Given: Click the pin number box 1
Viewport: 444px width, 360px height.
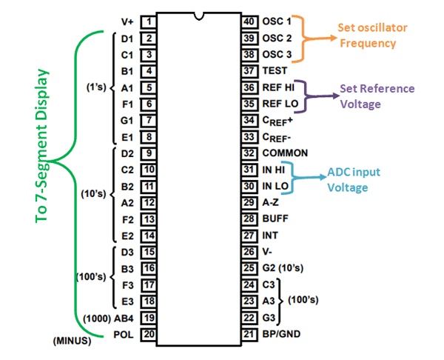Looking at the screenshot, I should (149, 21).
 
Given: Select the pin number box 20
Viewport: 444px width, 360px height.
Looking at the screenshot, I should (149, 333).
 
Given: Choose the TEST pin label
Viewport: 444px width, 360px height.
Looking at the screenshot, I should (275, 71).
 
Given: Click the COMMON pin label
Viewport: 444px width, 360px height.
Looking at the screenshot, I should (285, 153).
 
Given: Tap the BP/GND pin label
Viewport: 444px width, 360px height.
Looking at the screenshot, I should (282, 333).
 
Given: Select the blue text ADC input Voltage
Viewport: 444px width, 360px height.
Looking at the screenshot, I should (353, 179).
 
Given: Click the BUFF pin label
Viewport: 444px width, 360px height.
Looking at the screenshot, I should (276, 219).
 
